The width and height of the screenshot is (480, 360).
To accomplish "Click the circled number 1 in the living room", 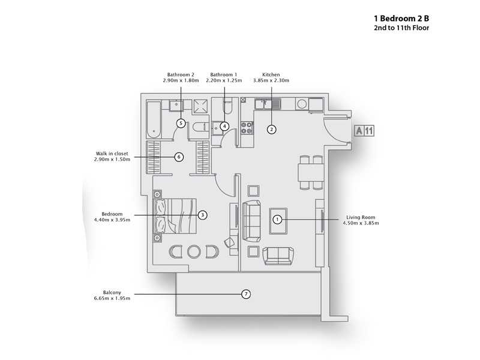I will point(277,220).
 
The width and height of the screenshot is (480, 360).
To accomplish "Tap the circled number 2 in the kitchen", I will point(271,129).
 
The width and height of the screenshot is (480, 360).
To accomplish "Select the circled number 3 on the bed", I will point(203,214).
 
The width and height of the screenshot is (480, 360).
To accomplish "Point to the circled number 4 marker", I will point(224,126).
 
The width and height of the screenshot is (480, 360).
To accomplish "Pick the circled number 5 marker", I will point(181,123).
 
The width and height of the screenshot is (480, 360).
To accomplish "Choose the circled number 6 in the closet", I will point(179,157).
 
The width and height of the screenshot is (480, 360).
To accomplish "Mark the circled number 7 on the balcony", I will point(245,294).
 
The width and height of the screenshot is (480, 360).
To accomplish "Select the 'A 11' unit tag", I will point(365,130).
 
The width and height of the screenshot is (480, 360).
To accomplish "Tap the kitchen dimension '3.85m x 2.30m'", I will point(272,80).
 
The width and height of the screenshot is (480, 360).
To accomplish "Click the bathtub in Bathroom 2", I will point(154,119).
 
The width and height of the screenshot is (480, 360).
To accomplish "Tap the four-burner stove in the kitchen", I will point(246,127).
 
